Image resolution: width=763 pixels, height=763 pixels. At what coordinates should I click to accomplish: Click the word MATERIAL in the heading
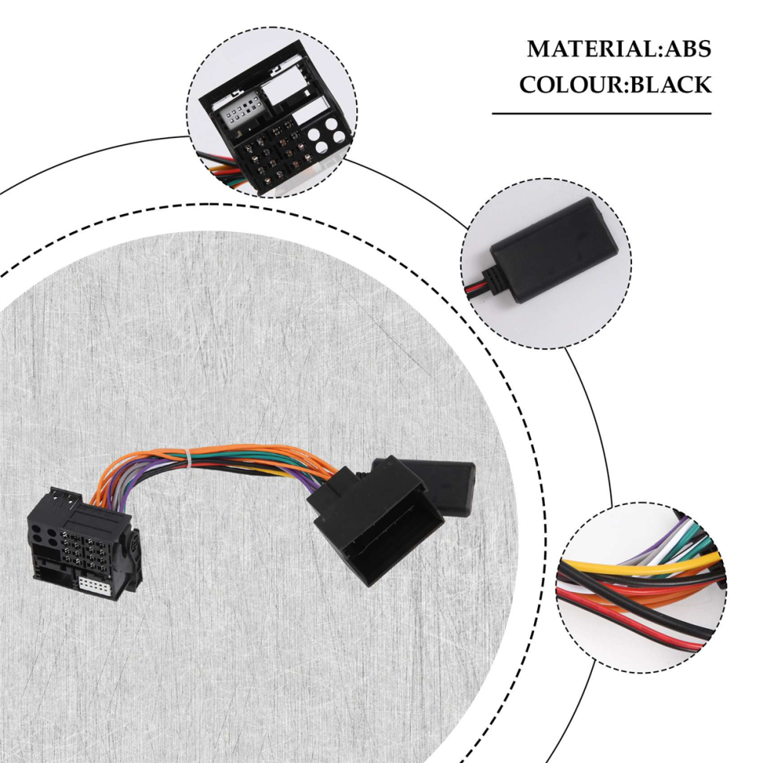(592, 49)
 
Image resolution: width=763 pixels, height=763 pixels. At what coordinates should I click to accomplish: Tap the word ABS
(687, 49)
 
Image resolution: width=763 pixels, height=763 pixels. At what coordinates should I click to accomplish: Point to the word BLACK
(669, 85)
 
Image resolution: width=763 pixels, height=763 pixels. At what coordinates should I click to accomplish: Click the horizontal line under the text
(601, 114)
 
